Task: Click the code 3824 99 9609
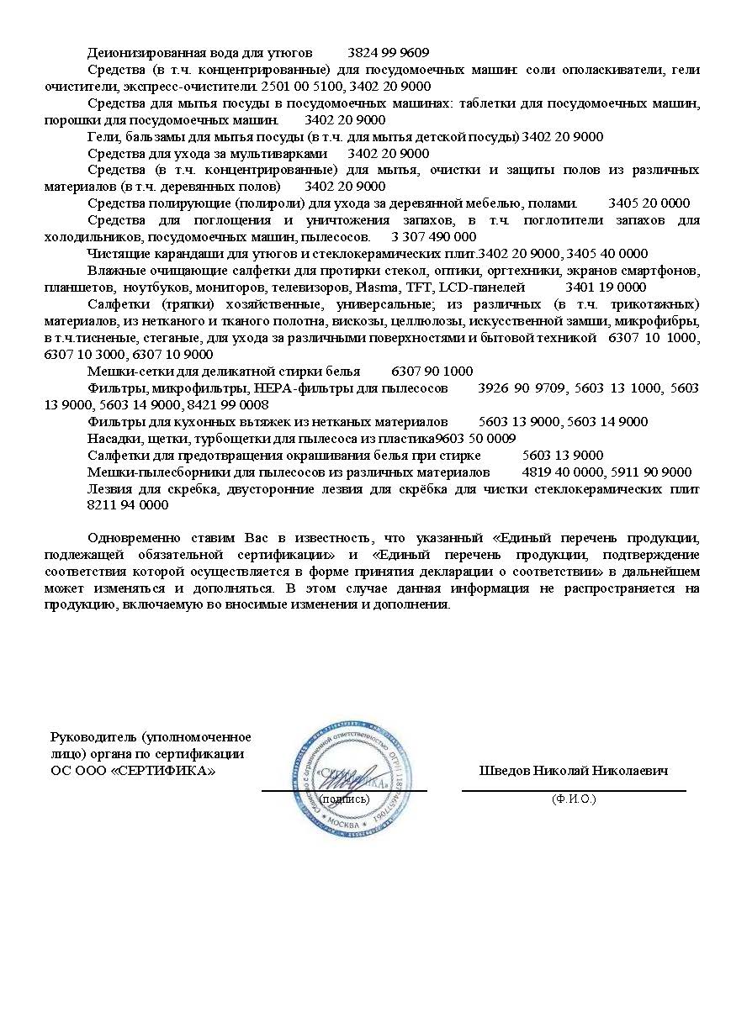coord(388,52)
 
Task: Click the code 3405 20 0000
coord(649,203)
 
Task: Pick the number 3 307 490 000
coord(434,236)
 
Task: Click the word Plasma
coord(381,287)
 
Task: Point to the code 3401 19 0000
coord(606,287)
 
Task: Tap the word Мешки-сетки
coord(121,371)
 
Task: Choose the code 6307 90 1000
coord(432,371)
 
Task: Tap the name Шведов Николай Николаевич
coord(574,770)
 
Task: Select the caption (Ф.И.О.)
coord(574,799)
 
